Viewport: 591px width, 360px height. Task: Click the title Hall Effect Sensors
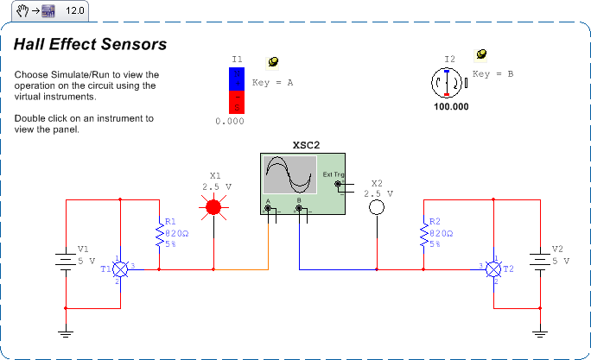(90, 44)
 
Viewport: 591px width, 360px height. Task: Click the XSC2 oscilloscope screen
(289, 174)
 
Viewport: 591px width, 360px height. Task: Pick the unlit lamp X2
(376, 208)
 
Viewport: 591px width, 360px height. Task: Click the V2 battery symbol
(540, 260)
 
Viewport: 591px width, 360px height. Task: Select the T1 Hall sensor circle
(122, 269)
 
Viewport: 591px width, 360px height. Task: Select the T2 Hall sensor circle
(492, 269)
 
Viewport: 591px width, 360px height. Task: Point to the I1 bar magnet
(237, 91)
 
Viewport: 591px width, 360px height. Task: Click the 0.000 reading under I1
(230, 122)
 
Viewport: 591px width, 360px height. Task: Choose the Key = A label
(273, 83)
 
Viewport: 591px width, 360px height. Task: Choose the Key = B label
(492, 74)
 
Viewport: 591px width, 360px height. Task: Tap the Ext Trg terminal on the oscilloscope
(338, 184)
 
